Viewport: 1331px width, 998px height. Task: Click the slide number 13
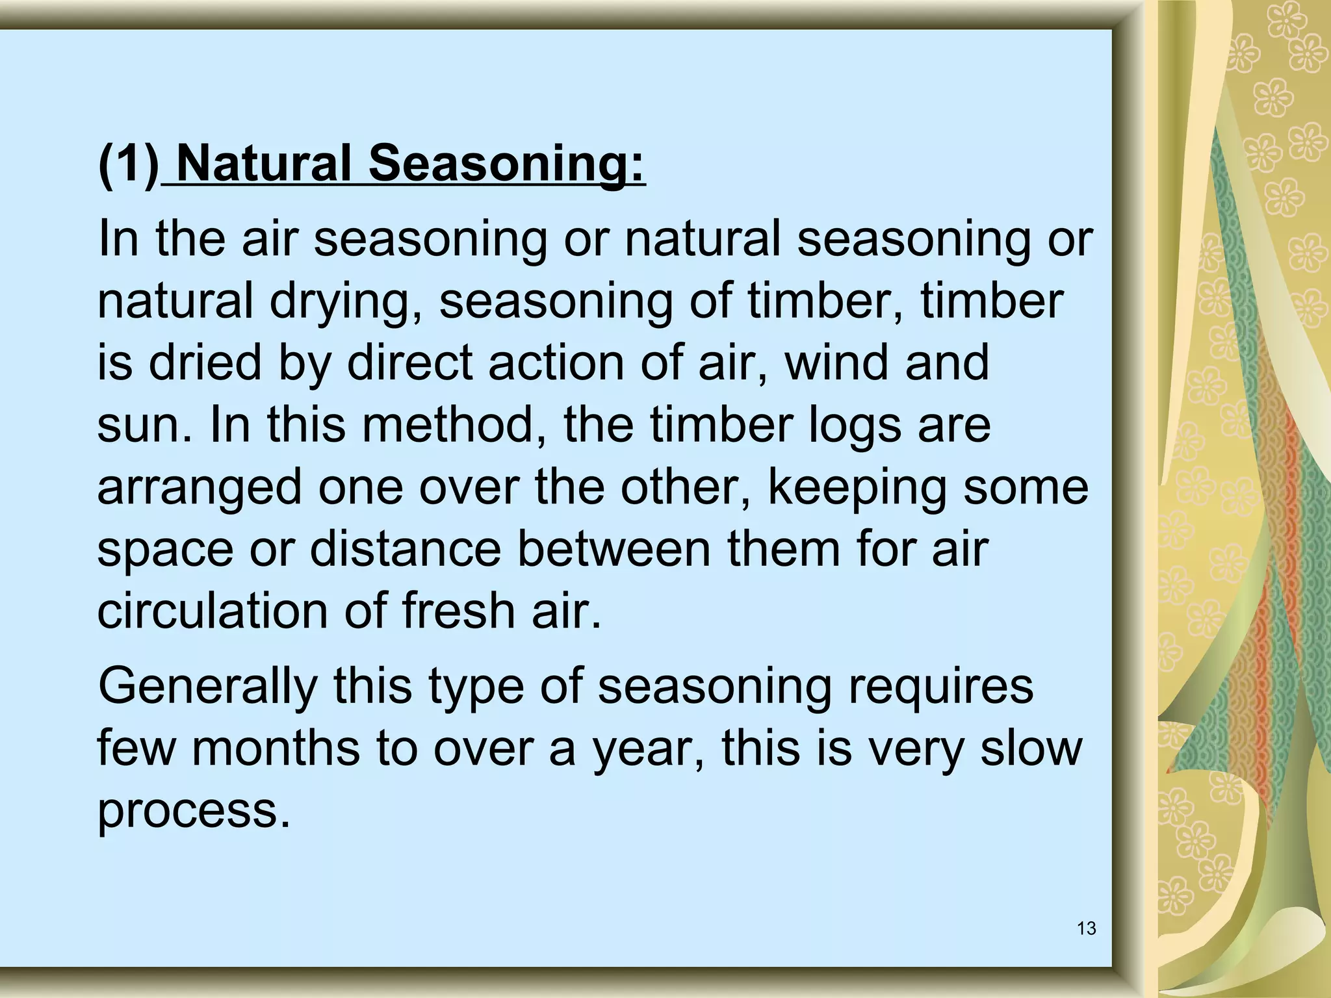click(x=1087, y=928)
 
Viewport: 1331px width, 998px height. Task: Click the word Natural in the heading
click(x=264, y=164)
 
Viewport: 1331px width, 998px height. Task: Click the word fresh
click(x=458, y=611)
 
